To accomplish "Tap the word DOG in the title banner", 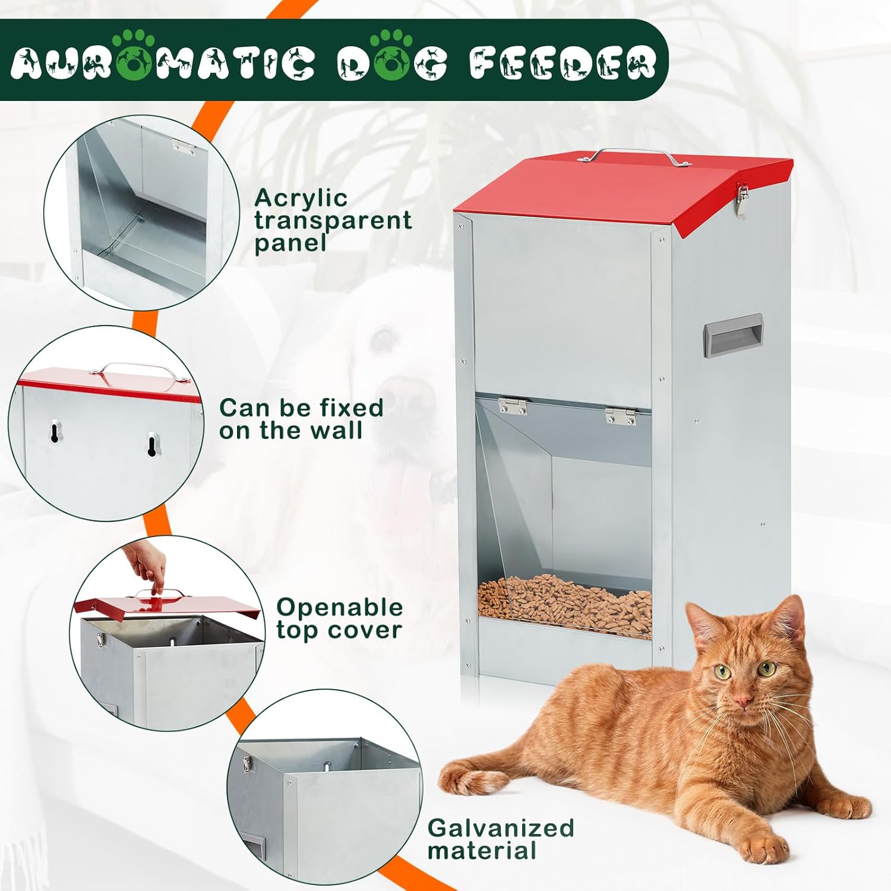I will coord(392,62).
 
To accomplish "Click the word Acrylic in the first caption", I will coord(301,198).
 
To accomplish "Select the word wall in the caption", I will coord(336,430).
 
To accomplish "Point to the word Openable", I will coord(339,608).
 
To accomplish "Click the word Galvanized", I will coord(501,827).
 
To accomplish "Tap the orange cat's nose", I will coord(741,702).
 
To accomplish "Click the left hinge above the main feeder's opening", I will coord(512,406).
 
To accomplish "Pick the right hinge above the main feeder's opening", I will coord(621,416).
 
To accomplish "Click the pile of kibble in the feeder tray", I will coord(564,600).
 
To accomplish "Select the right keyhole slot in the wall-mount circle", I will coord(153,444).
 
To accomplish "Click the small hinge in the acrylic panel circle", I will coord(182,147).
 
